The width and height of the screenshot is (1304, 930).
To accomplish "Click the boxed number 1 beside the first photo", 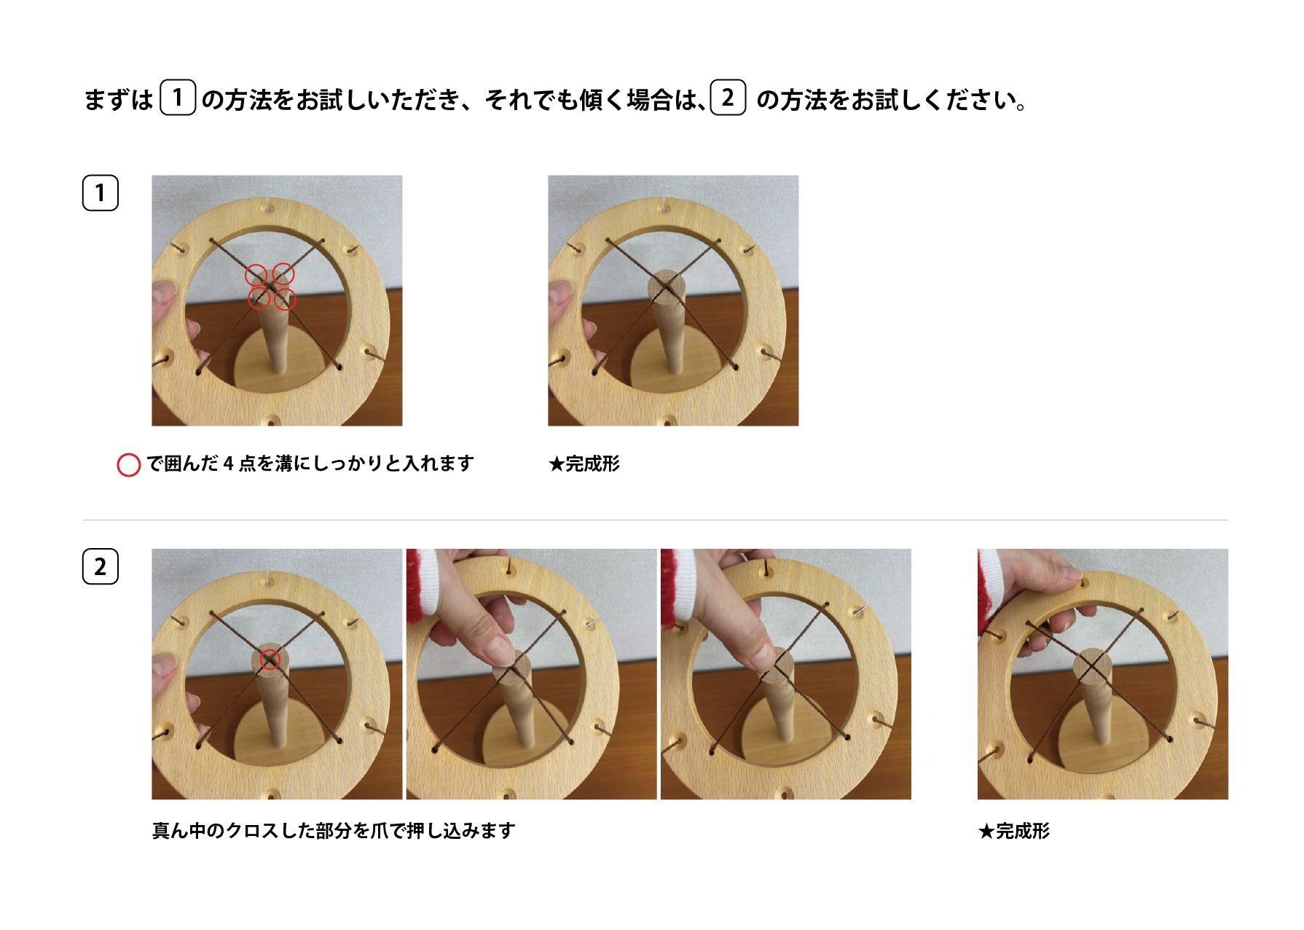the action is [x=101, y=193].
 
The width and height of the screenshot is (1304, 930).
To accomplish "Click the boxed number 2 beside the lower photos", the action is [x=101, y=567].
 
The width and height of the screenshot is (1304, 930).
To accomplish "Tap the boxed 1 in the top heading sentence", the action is [x=177, y=98].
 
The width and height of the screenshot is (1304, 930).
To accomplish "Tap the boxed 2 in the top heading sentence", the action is [x=728, y=98].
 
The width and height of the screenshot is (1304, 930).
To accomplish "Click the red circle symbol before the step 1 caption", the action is [x=129, y=465].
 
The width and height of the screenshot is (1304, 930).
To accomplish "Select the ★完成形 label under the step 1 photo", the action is [x=584, y=464].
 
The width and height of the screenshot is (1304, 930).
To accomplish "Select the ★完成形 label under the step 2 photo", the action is [x=1013, y=831].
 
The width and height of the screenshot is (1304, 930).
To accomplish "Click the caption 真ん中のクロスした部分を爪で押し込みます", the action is [x=334, y=831].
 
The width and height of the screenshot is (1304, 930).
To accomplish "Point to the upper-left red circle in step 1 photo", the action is [x=256, y=276].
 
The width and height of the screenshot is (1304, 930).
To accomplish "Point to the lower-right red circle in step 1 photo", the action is [x=286, y=299].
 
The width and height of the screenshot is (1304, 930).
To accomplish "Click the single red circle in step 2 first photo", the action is [x=270, y=659].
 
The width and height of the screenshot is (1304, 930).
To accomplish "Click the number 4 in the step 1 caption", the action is [x=228, y=464].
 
